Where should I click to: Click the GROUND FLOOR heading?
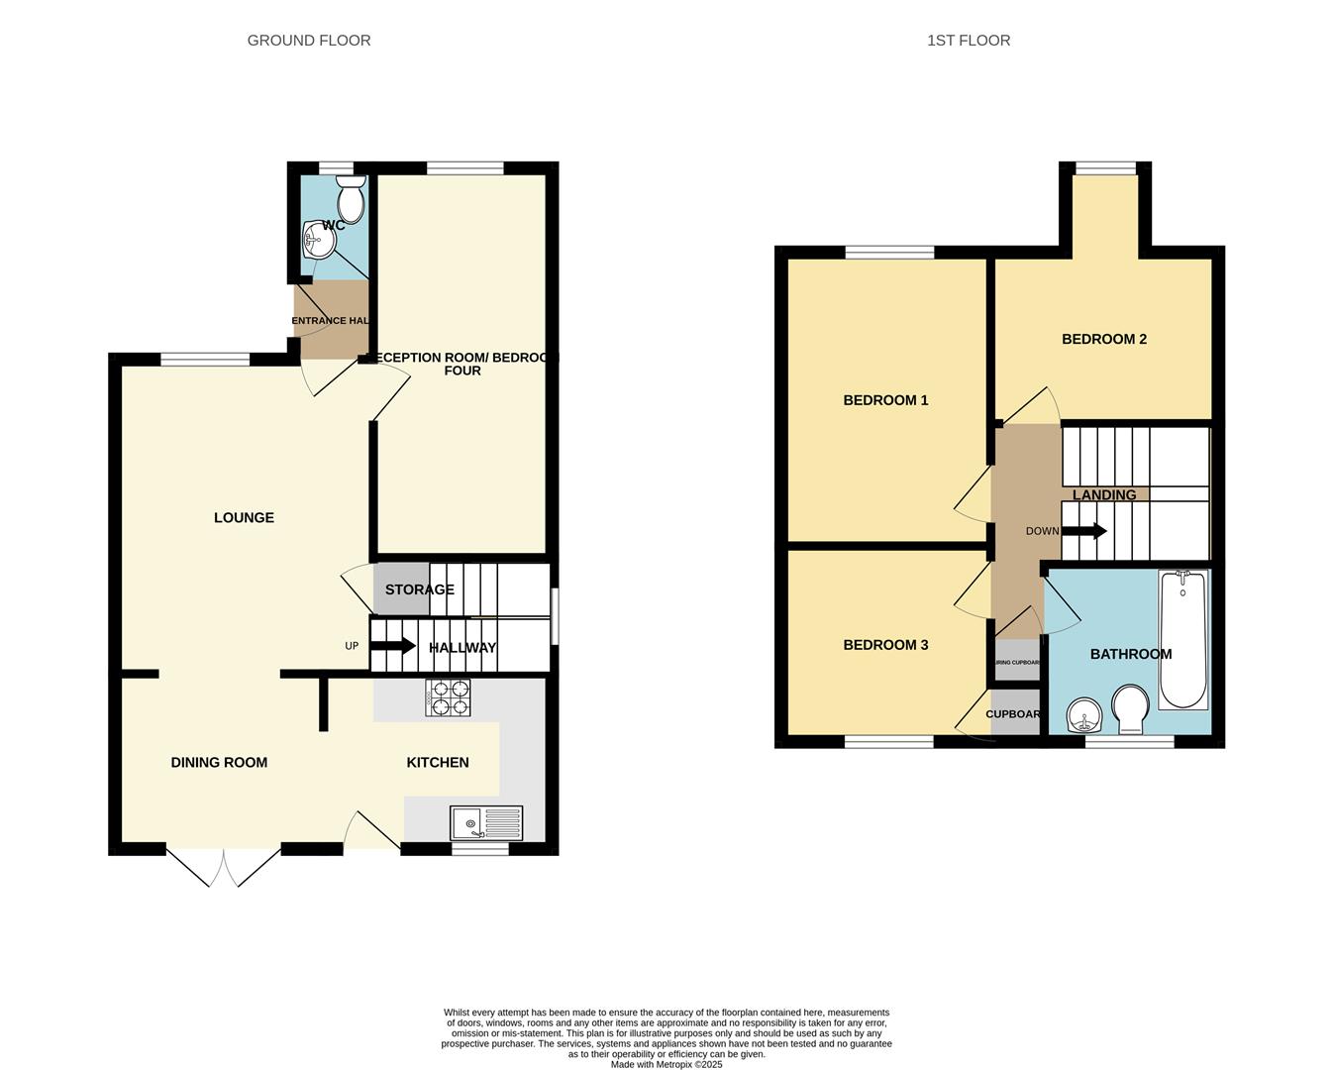(309, 41)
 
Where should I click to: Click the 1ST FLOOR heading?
(968, 41)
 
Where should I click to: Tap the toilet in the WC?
(351, 200)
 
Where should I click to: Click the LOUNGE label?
(244, 517)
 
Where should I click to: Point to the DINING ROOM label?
(219, 762)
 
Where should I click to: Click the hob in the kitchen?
(448, 697)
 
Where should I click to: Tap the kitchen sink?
(486, 823)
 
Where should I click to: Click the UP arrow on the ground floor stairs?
(394, 646)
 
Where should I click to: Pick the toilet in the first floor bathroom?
(1130, 710)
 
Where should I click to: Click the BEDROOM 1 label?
(885, 400)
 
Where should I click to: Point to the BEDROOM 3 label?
(885, 645)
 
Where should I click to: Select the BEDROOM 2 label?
(1103, 339)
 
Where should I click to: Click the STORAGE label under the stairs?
(419, 589)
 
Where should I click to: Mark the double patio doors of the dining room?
(224, 866)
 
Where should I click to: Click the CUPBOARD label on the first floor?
(1013, 714)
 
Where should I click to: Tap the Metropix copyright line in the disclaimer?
(666, 1065)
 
